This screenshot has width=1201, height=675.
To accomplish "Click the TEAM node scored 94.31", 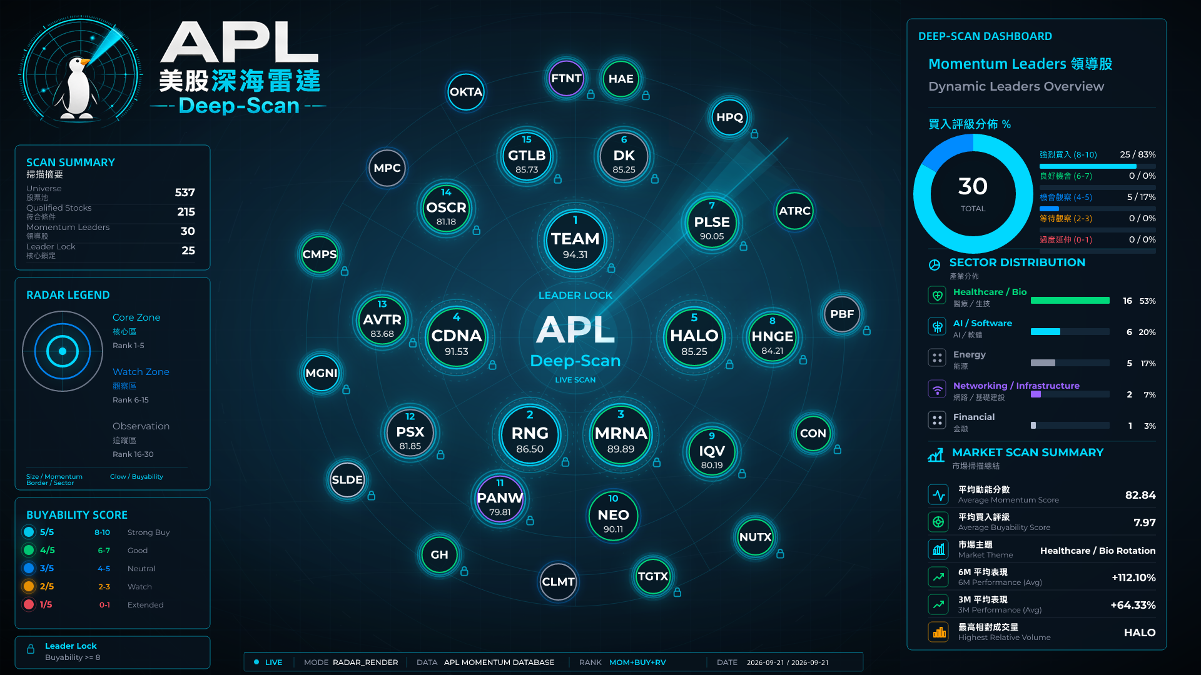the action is [x=575, y=241].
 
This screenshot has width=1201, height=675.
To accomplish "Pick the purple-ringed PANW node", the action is [x=500, y=499].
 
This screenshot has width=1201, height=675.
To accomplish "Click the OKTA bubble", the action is [x=466, y=92].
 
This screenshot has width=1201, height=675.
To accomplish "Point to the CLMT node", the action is [x=558, y=582].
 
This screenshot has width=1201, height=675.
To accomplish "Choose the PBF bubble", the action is [x=842, y=314].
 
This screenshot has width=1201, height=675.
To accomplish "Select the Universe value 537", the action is [x=185, y=192].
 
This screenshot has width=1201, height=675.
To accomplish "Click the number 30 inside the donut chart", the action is [x=973, y=186].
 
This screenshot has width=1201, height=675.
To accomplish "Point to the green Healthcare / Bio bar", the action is [x=1070, y=301].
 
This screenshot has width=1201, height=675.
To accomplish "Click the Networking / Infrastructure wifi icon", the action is [x=937, y=389].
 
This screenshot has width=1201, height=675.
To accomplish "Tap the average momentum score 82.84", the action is [x=1140, y=495].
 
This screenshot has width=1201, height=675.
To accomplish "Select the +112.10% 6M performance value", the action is [x=1133, y=577].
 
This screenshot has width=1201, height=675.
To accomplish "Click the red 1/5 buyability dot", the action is [x=29, y=604].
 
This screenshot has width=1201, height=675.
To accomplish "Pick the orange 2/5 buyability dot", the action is [x=29, y=586].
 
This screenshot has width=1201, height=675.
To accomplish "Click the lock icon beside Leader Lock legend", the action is [x=31, y=649].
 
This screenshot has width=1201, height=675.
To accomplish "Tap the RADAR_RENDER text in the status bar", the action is [x=365, y=662].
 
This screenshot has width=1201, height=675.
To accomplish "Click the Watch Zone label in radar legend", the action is [x=141, y=372].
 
